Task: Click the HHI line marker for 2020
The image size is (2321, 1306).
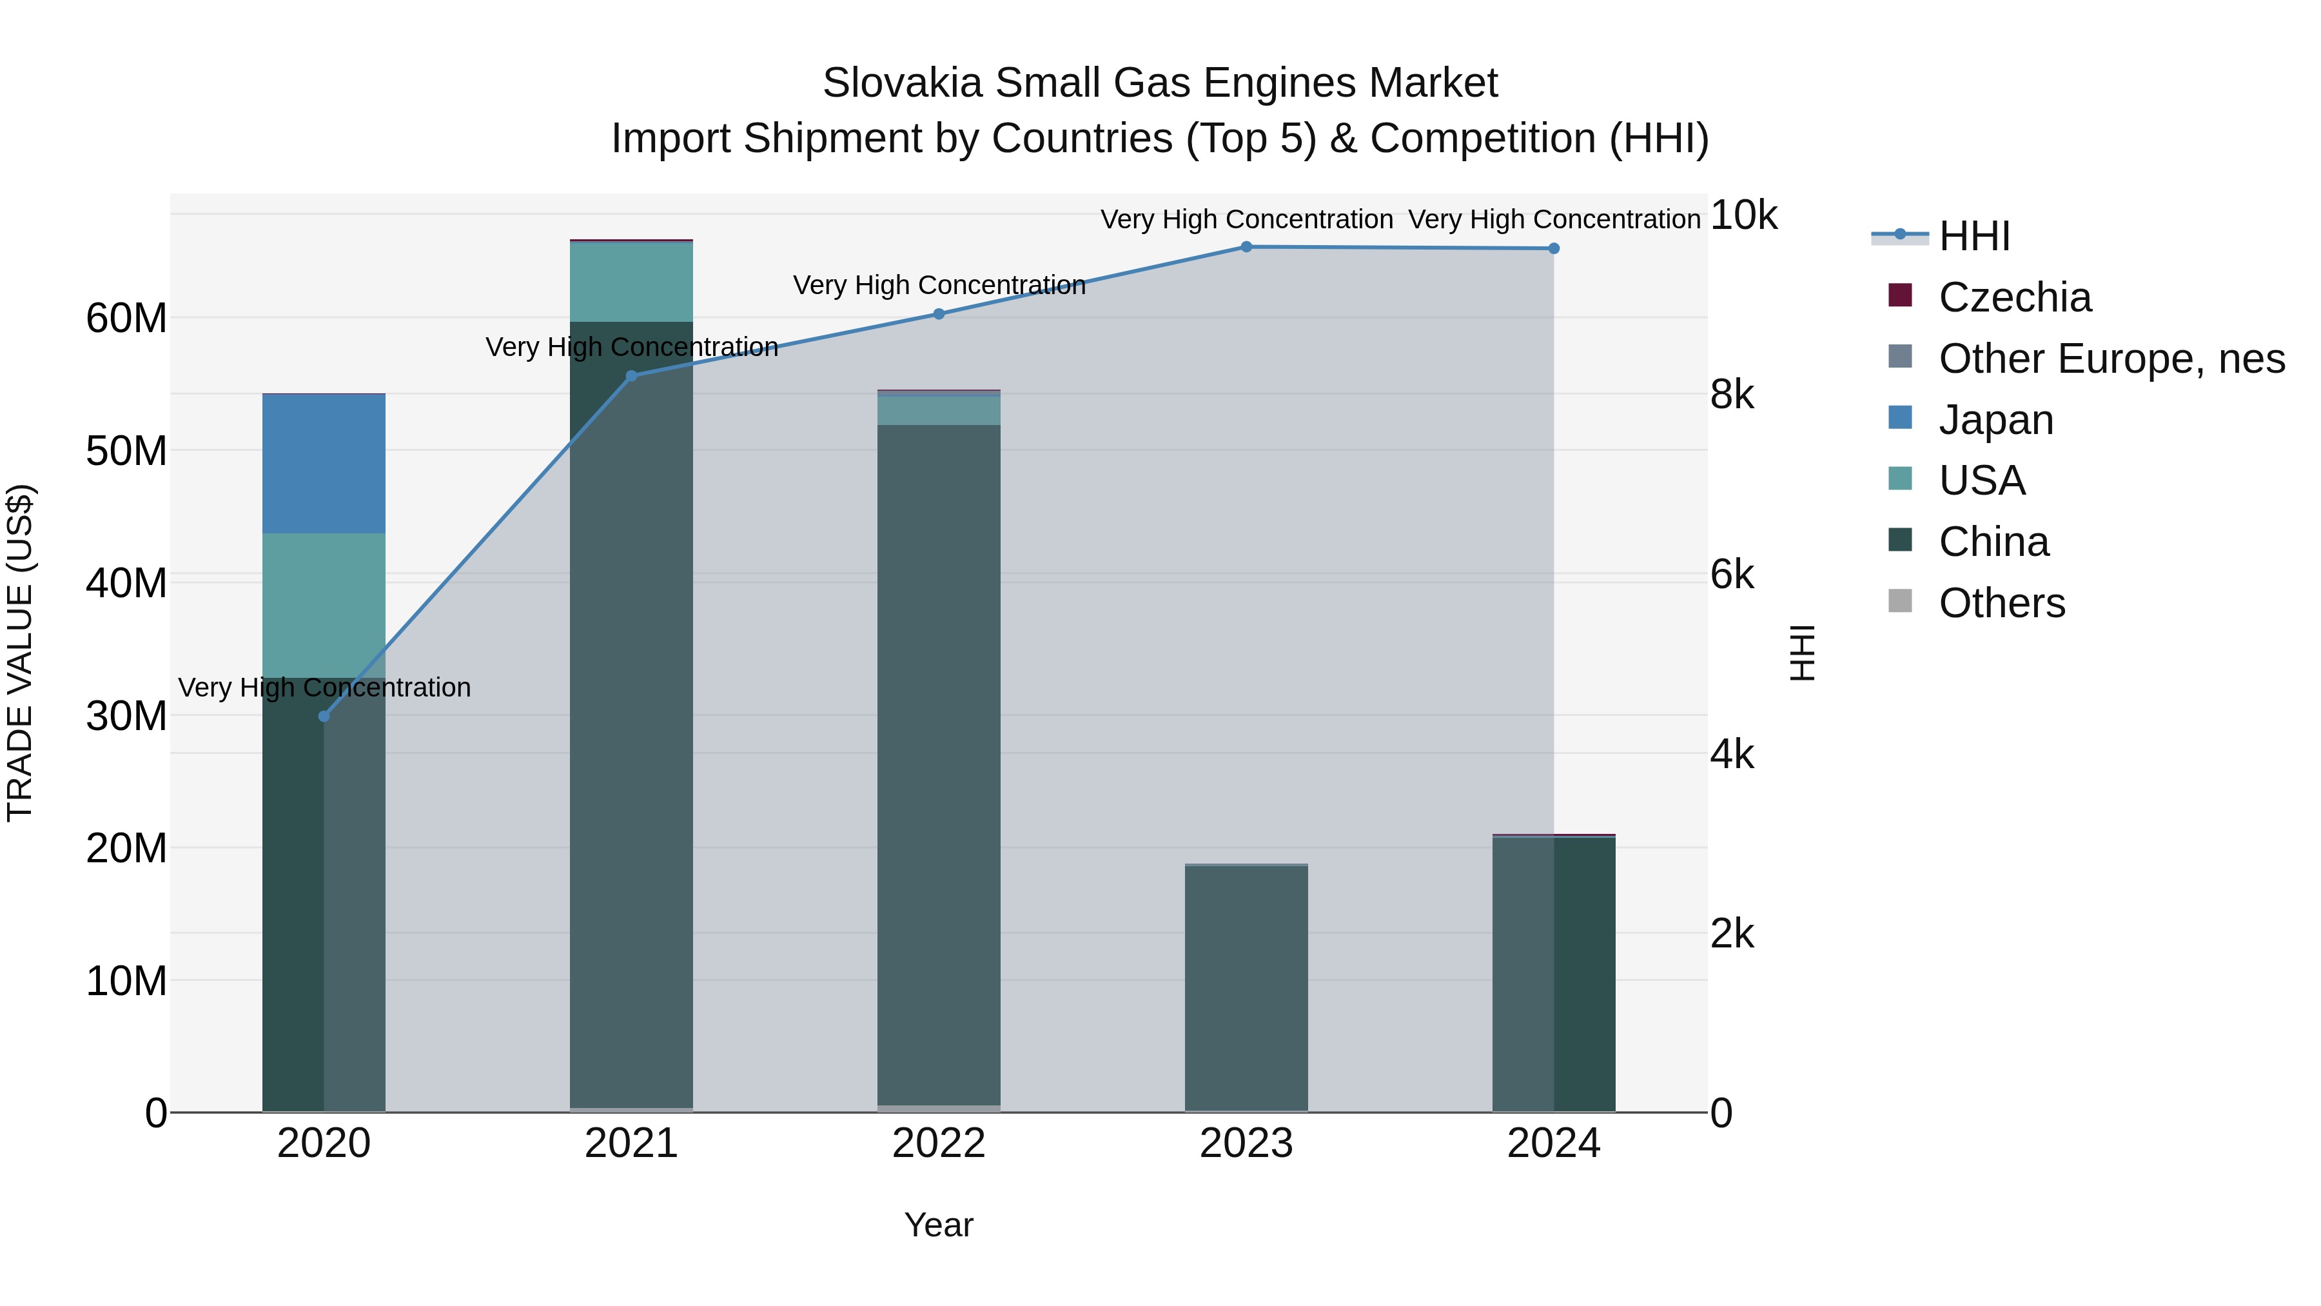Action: [x=324, y=717]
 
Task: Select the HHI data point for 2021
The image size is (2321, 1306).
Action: [x=632, y=376]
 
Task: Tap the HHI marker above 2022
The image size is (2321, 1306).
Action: [x=939, y=313]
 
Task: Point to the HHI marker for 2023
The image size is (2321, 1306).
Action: [x=1247, y=246]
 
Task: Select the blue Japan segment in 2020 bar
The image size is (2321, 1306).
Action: [x=324, y=464]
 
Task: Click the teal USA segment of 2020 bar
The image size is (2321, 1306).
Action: [x=324, y=605]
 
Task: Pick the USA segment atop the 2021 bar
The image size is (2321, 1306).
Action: [x=632, y=281]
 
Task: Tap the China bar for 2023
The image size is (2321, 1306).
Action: [x=1247, y=987]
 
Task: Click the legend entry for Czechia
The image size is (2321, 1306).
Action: [x=2015, y=297]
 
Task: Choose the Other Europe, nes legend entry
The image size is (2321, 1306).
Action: [x=2111, y=359]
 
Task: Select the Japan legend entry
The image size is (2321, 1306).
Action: [x=1995, y=420]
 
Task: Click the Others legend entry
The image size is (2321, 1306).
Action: [x=2001, y=603]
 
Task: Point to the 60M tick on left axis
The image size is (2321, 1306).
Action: [x=126, y=318]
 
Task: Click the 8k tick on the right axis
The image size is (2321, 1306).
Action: [x=1732, y=395]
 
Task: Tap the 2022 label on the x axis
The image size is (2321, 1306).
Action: [x=939, y=1143]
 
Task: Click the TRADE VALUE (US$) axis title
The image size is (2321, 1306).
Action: [x=20, y=653]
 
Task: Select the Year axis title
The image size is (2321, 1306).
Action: [x=939, y=1225]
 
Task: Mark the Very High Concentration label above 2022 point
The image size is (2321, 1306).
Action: [x=939, y=285]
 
